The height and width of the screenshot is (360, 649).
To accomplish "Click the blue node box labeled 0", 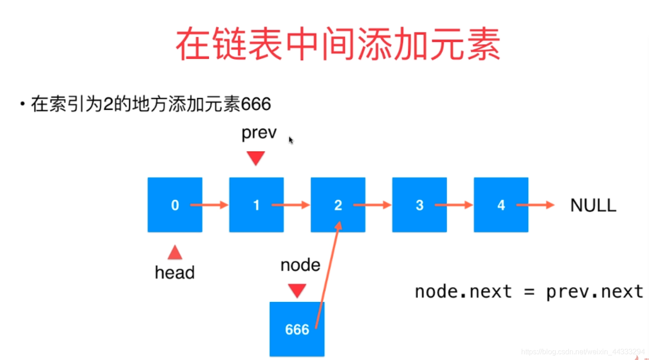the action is click(x=175, y=205).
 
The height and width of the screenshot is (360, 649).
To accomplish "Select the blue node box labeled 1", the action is click(x=256, y=205).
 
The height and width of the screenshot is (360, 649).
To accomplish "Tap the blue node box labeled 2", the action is click(x=338, y=205).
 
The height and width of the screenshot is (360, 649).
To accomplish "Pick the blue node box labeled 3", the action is click(x=420, y=205).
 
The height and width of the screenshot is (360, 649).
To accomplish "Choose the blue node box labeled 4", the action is click(x=501, y=205).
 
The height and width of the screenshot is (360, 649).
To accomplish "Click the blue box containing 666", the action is click(x=297, y=329).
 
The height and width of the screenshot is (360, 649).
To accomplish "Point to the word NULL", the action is click(x=593, y=205).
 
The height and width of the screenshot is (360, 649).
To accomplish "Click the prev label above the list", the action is click(x=259, y=133).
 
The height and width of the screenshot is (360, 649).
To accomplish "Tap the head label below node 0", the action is click(x=175, y=273).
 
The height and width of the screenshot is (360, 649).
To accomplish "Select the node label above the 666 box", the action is click(x=300, y=265).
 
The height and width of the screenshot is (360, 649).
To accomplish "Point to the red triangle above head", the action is click(x=175, y=252).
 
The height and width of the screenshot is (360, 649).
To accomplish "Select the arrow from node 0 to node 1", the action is click(x=209, y=205).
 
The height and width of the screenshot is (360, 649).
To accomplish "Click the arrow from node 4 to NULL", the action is click(x=535, y=205).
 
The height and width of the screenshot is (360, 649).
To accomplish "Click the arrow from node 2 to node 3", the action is click(x=372, y=205).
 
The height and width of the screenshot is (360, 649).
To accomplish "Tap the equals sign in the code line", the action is click(x=529, y=292).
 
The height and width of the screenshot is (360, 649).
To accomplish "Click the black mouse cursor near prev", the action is click(x=291, y=140).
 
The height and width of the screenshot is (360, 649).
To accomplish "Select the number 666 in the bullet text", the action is click(x=256, y=104).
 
